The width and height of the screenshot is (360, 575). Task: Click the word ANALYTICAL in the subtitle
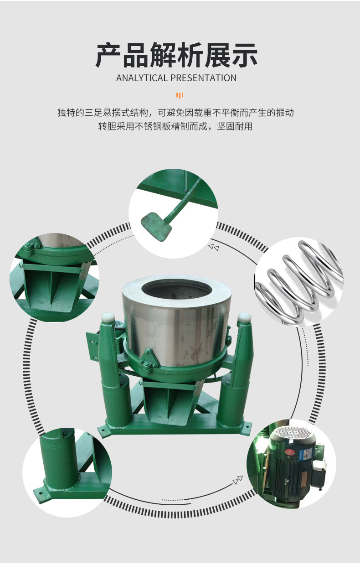click(142, 78)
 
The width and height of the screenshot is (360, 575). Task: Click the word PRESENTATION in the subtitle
click(204, 78)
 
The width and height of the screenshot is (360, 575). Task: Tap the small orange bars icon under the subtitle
click(180, 95)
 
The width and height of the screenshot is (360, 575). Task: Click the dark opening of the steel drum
click(177, 291)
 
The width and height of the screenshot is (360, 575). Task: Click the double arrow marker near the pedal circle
click(214, 247)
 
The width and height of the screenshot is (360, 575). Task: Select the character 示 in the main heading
click(244, 55)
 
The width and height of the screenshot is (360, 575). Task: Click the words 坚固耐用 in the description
click(235, 126)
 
